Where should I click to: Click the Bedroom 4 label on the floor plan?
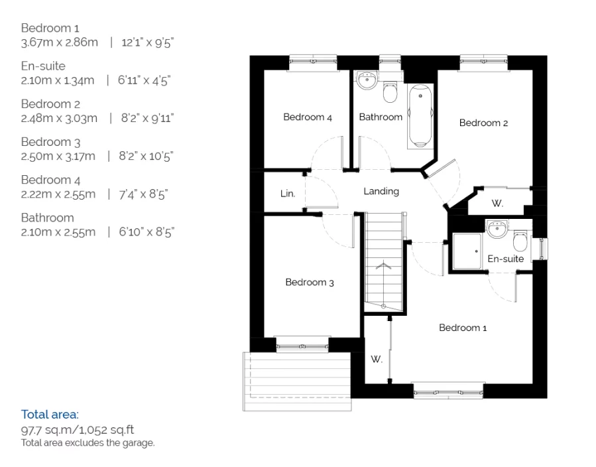(308, 117)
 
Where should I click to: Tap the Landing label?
(381, 191)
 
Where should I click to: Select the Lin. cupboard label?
(288, 194)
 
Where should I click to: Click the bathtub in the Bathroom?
(420, 116)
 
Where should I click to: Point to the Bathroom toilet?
(390, 92)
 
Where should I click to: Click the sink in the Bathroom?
(367, 80)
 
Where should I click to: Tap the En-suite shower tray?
(467, 251)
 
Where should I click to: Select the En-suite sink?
(497, 229)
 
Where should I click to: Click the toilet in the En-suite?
(520, 240)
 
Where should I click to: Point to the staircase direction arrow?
(384, 265)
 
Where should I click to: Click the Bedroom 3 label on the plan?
(310, 282)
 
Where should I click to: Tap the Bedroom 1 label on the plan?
(463, 328)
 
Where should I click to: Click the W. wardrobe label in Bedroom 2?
(497, 204)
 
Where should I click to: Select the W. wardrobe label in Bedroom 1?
(377, 359)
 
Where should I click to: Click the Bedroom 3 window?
(302, 346)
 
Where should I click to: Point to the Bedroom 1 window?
(448, 391)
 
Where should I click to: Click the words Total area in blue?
(49, 414)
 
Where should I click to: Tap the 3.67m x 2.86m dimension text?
(59, 42)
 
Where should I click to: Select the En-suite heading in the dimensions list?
(43, 66)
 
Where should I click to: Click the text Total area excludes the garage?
(88, 442)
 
